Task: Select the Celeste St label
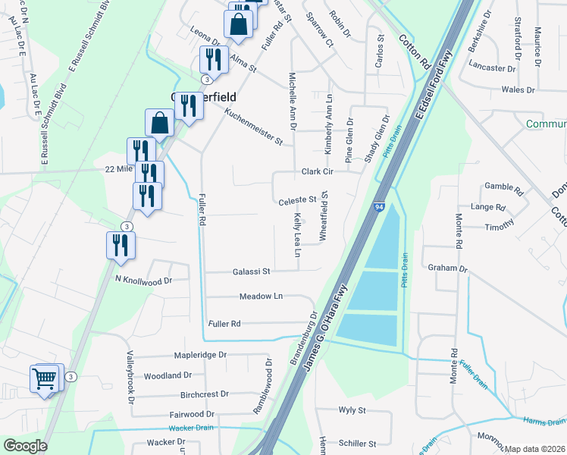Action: pyautogui.click(x=297, y=200)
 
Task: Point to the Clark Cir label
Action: pyautogui.click(x=318, y=172)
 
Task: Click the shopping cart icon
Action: pyautogui.click(x=44, y=378)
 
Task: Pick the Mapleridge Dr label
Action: pyautogui.click(x=200, y=355)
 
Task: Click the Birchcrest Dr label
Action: pyautogui.click(x=205, y=394)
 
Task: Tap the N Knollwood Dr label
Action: pyautogui.click(x=144, y=280)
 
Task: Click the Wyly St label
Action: pyautogui.click(x=352, y=410)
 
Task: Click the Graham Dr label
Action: pyautogui.click(x=449, y=268)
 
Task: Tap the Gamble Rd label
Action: pyautogui.click(x=504, y=186)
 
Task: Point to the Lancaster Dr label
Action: pyautogui.click(x=492, y=67)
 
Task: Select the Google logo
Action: pyautogui.click(x=25, y=446)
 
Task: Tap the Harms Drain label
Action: pyautogui.click(x=544, y=421)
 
